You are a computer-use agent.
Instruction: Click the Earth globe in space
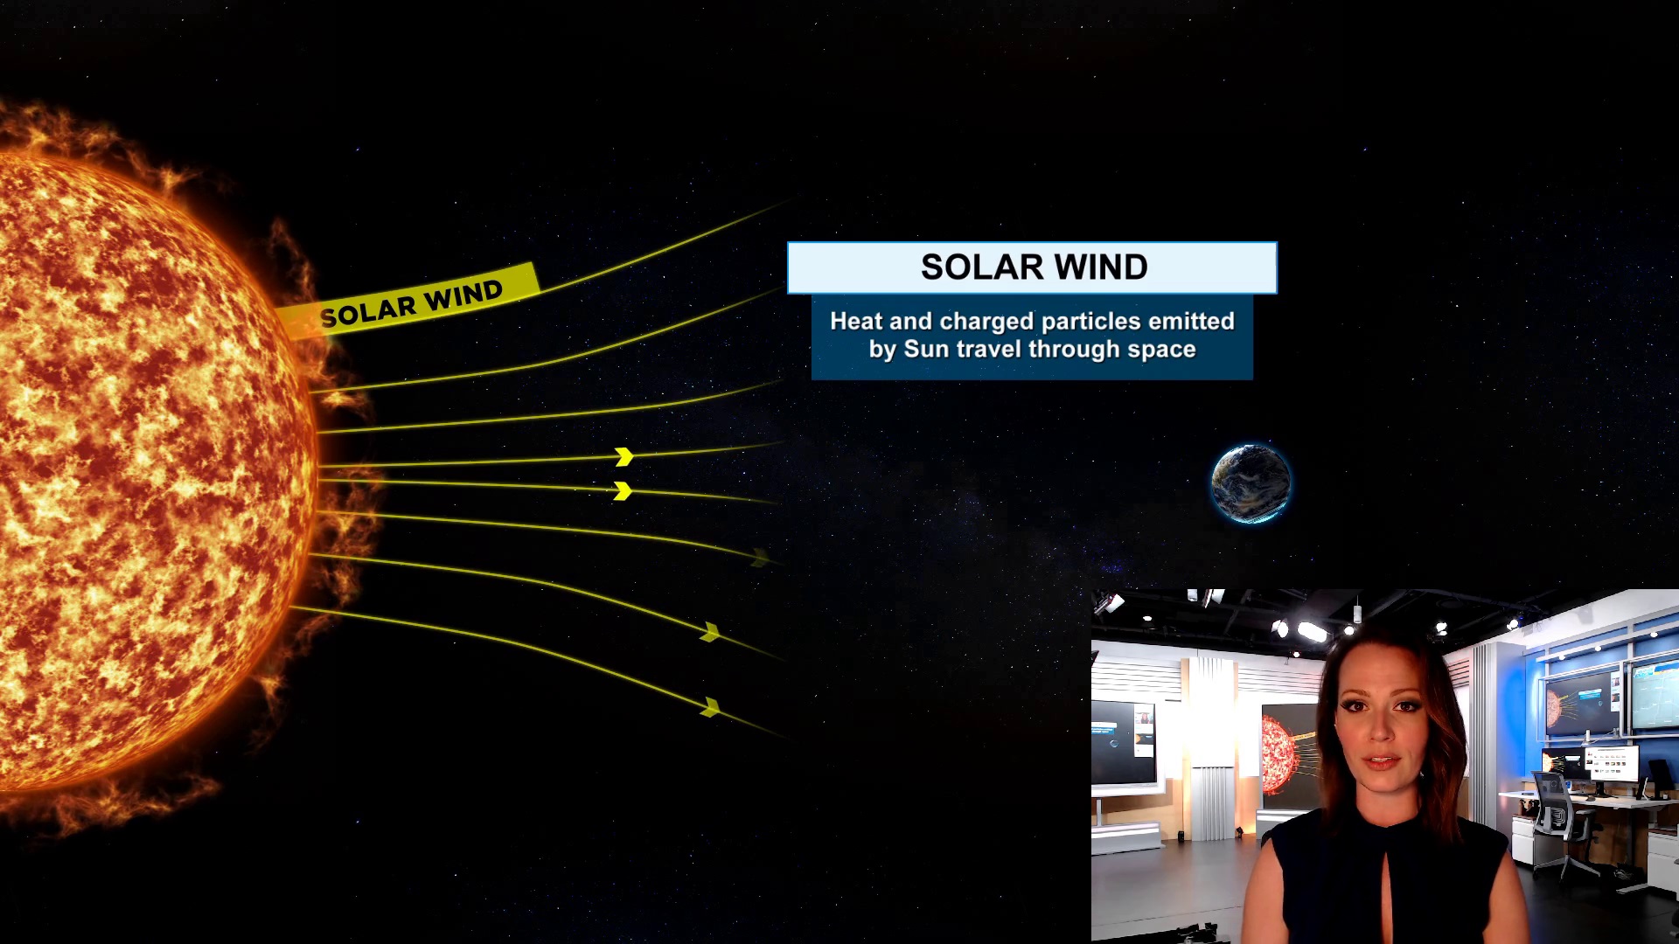point(1251,483)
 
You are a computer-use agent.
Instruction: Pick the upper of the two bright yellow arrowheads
point(624,456)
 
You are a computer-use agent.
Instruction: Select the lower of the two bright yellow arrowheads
point(623,491)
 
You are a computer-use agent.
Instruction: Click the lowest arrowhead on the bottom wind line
point(711,707)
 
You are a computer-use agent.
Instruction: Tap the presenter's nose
point(1381,734)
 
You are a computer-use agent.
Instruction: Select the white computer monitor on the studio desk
point(1611,764)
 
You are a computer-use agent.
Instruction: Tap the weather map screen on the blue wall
point(1655,695)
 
